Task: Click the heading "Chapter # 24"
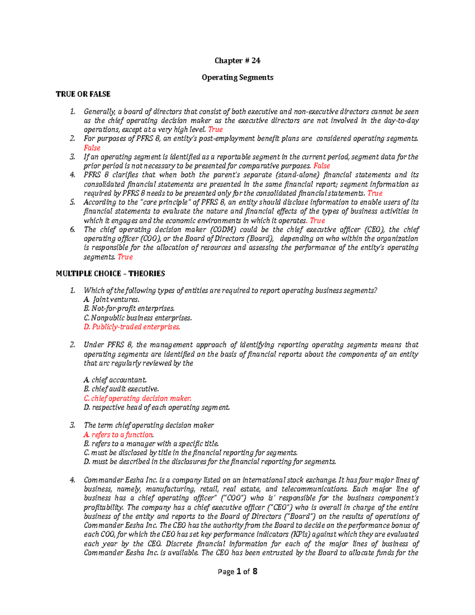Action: click(237, 61)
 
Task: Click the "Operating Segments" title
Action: click(237, 77)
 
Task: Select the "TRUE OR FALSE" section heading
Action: click(83, 94)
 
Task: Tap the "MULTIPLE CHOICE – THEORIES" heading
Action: click(110, 274)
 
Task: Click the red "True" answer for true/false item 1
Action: click(215, 129)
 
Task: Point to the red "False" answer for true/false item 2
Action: click(92, 148)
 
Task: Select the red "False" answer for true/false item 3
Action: click(321, 166)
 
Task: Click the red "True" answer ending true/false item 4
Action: click(374, 193)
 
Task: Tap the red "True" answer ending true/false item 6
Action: click(125, 257)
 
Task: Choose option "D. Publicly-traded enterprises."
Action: click(132, 327)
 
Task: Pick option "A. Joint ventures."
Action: click(112, 300)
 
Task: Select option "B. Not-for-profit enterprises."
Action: click(129, 308)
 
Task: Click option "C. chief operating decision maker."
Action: click(137, 398)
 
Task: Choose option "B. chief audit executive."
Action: click(121, 389)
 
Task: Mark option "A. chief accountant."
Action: click(115, 380)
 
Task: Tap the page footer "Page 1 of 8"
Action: click(237, 571)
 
